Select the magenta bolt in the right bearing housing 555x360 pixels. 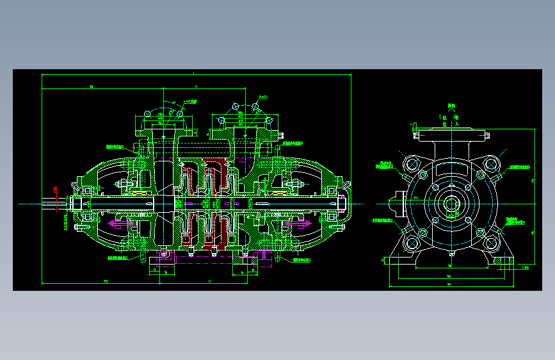300,224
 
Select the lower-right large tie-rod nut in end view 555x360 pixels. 491,243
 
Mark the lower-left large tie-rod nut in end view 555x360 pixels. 410,243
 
